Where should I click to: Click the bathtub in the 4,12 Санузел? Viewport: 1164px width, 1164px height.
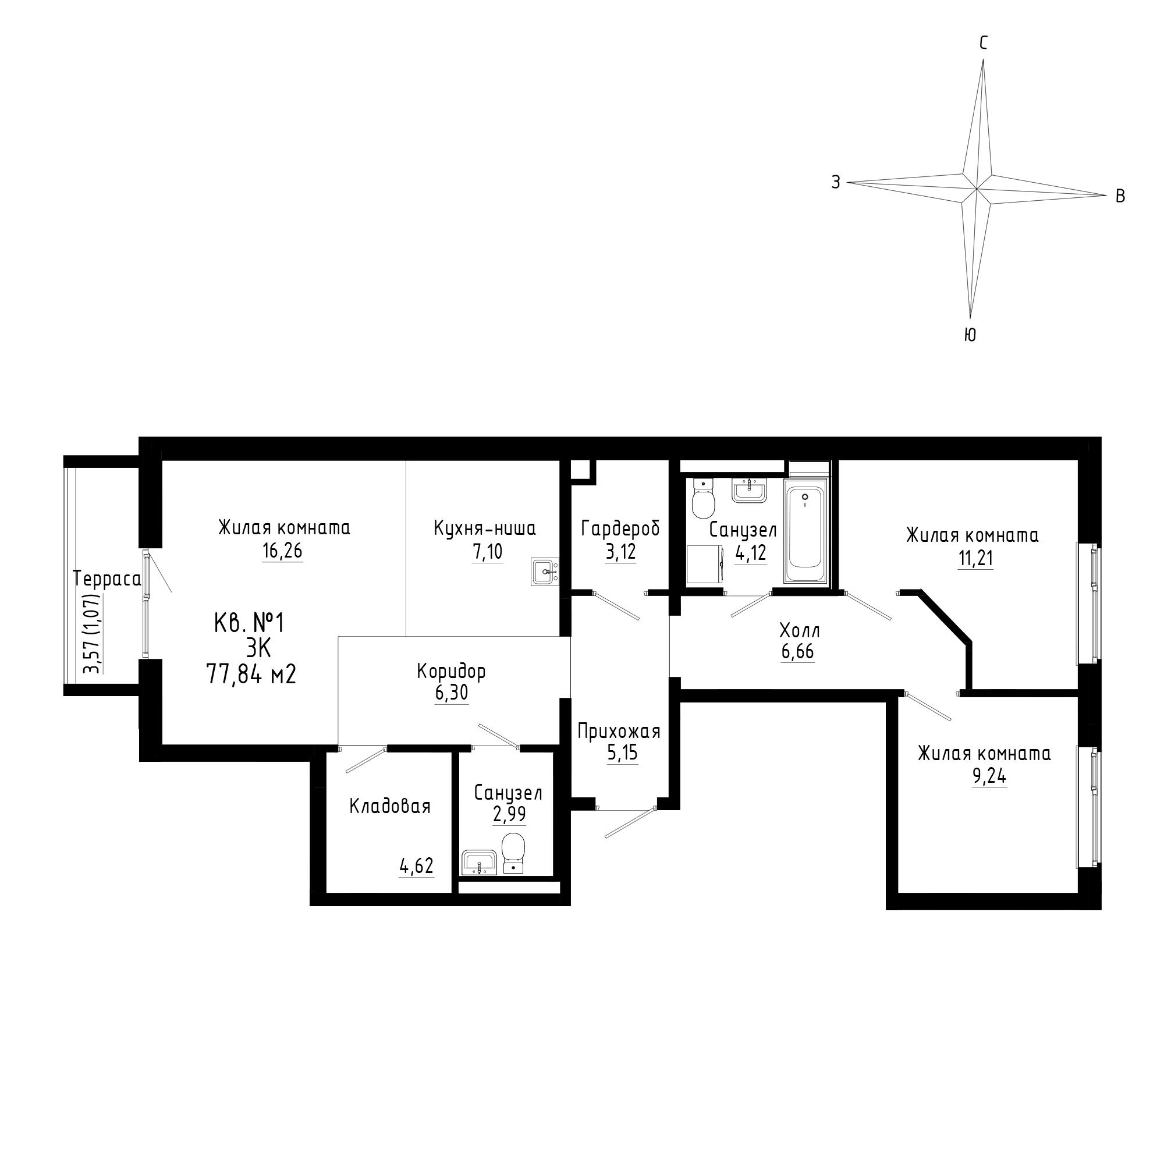coord(806,531)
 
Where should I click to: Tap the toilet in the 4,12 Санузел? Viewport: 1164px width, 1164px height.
coord(702,498)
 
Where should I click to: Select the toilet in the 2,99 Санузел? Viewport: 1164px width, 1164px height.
coord(513,853)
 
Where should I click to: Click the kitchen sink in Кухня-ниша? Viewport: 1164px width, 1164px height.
coord(545,571)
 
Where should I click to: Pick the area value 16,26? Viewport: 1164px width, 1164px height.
coord(282,551)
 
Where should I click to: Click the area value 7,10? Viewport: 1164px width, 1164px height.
coord(487,551)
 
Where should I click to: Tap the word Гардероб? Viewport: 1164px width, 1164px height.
coord(620,528)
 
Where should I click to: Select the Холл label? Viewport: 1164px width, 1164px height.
coord(800,631)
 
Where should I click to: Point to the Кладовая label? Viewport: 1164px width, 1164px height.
coord(390,806)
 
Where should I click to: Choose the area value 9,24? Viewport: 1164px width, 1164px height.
coord(990,776)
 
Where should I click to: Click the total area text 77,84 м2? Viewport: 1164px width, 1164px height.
coord(251,674)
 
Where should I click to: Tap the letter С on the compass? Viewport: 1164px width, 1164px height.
coord(983,42)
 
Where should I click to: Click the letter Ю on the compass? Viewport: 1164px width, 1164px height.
coord(970,336)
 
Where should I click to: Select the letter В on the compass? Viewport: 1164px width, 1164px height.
coord(1120,196)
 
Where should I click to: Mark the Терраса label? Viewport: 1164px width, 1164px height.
coord(107,579)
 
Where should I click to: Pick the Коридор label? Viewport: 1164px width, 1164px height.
coord(450,672)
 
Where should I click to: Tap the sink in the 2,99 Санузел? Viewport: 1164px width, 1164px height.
coord(479,862)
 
